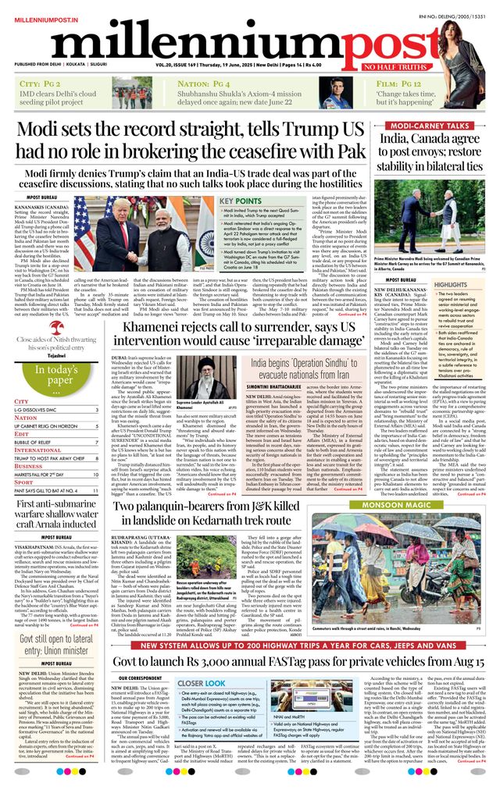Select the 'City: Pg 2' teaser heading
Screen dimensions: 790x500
pyautogui.click(x=40, y=84)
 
